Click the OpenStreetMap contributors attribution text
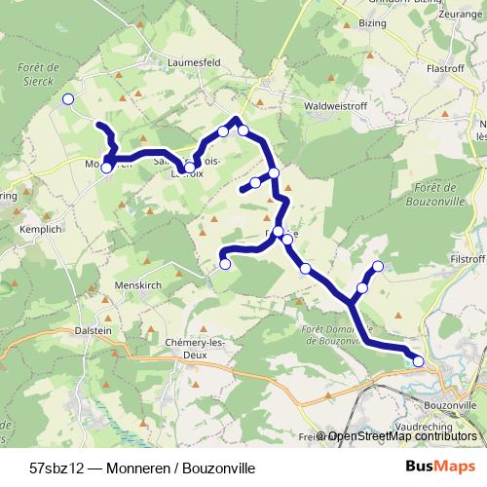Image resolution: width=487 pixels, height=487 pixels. [x=402, y=436]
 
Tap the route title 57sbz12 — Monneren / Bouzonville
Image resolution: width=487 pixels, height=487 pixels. [x=142, y=468]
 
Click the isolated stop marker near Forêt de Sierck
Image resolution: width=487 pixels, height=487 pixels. [x=68, y=99]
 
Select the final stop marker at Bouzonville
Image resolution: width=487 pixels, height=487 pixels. [x=419, y=361]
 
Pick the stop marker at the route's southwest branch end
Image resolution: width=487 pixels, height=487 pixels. [x=225, y=263]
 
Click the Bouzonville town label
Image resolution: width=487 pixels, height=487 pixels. [x=449, y=402]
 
